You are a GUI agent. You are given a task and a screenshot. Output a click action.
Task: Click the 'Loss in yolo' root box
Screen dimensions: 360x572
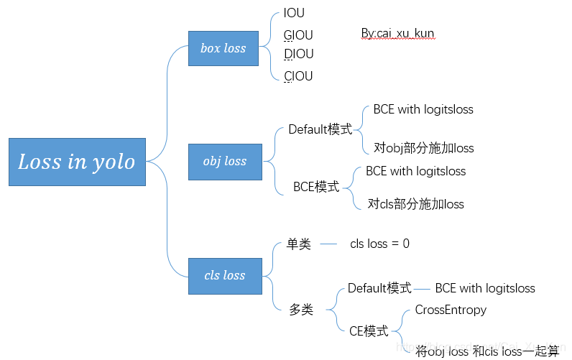coord(77,162)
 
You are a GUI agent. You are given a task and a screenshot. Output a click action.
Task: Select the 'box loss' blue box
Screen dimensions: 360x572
coord(223,49)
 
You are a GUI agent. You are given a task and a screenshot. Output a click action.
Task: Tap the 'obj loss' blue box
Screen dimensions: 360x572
coord(224,162)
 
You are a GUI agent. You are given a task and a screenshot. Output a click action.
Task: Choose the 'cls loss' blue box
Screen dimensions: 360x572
coord(224,275)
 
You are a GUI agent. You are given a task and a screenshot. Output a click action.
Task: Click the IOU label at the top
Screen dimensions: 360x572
coord(294,14)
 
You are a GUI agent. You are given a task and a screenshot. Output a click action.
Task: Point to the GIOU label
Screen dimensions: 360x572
coord(298,34)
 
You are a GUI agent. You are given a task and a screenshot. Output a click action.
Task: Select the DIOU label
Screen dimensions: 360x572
coord(298,54)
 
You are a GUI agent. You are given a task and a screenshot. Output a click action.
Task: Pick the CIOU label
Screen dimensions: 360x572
coord(298,75)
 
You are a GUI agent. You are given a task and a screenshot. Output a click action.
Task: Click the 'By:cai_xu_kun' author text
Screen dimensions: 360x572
coord(397,34)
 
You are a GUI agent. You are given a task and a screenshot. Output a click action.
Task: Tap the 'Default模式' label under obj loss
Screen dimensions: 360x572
coord(320,129)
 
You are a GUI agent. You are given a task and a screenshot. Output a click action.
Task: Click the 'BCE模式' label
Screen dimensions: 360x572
coord(316,187)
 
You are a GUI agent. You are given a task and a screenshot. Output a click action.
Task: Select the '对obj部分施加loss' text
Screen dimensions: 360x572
coord(423,148)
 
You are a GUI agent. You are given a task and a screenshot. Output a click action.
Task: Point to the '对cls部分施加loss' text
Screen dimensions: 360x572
coord(415,204)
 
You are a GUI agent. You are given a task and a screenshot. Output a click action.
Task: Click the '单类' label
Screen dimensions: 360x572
coord(298,244)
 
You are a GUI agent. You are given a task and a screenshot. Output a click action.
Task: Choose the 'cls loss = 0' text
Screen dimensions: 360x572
coord(379,244)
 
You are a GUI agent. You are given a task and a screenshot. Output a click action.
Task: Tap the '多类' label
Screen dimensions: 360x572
coord(301,310)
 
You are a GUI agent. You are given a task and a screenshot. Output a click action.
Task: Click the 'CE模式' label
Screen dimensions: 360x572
coord(368,331)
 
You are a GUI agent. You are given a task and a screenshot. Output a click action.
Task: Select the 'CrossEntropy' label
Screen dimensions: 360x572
coord(451,310)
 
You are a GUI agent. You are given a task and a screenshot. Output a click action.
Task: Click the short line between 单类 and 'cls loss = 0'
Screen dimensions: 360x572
coord(328,244)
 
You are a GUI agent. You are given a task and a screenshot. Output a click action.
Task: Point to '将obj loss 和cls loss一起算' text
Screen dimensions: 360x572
coord(487,351)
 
